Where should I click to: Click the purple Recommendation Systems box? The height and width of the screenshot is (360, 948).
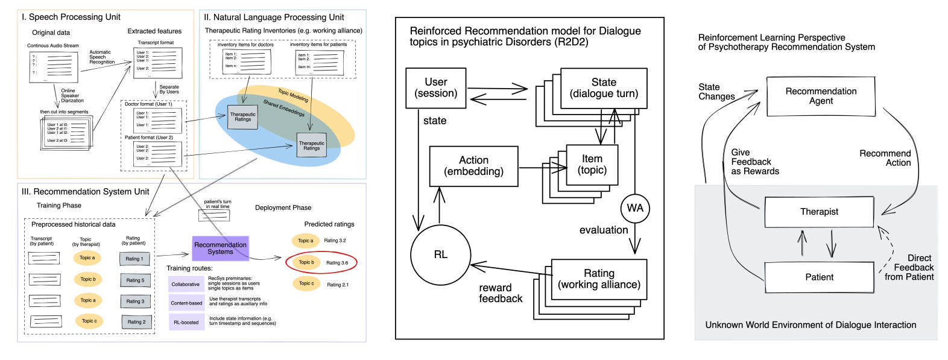point(220,248)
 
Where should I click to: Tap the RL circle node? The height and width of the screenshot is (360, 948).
point(440,254)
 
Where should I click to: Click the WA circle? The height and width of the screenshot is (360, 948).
point(634,208)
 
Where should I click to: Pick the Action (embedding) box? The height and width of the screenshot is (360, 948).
point(473,166)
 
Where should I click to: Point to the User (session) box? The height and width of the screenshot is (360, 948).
point(435,88)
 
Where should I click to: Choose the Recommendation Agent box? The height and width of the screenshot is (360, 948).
point(820,96)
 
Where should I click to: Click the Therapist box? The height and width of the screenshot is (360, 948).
point(818,212)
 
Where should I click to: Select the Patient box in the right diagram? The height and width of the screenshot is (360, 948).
point(818,277)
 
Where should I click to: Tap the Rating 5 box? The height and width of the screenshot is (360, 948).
point(134,280)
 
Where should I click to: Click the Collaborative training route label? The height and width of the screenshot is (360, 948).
point(186,284)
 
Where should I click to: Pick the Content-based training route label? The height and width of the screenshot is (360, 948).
point(186,303)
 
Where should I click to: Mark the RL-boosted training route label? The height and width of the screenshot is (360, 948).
point(186,322)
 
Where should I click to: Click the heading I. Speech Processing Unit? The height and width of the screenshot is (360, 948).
point(71,17)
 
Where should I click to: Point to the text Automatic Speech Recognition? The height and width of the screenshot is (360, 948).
point(102,57)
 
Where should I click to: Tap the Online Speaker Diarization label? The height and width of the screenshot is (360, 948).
point(72,96)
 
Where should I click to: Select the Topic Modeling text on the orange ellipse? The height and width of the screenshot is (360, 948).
point(293,95)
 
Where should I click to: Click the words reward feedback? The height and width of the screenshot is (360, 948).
point(501,293)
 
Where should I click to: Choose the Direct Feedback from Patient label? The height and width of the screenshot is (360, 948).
point(911,267)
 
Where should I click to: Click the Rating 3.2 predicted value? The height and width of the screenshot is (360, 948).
point(335,241)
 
